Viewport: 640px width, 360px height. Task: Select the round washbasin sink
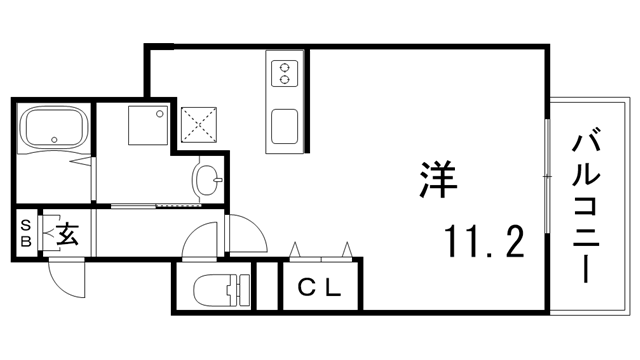click(209, 181)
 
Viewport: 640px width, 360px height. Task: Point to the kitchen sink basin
click(284, 126)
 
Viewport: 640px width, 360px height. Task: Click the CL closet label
click(320, 289)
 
